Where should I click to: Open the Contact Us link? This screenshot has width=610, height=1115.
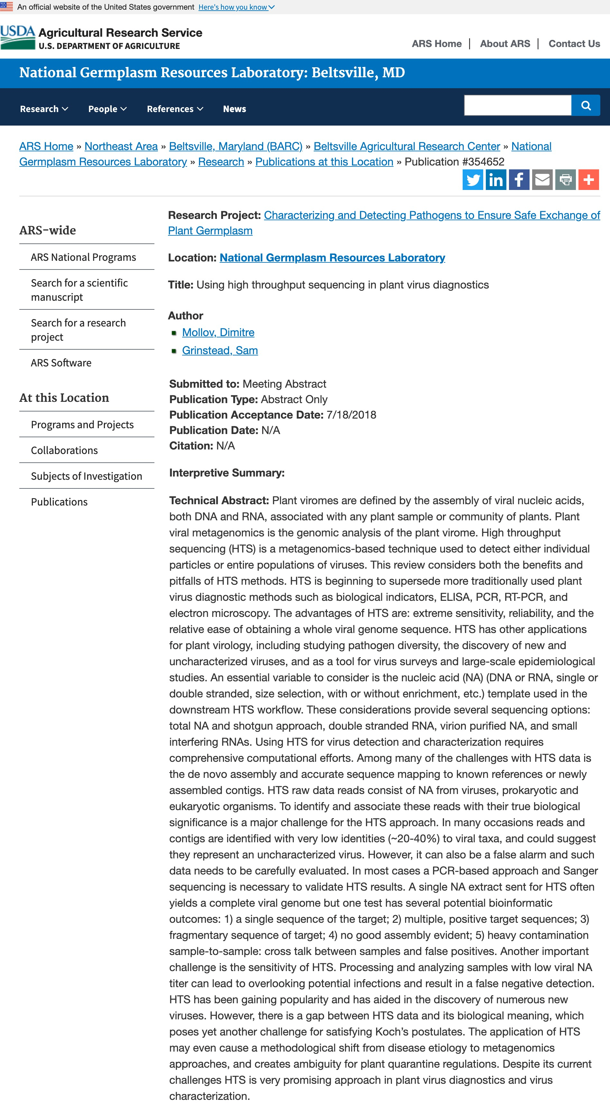click(574, 44)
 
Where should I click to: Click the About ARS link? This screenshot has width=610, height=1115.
click(504, 44)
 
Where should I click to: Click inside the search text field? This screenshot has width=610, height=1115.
click(517, 106)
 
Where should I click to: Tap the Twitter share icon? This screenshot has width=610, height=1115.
click(472, 180)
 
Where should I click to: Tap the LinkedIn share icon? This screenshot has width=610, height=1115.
click(496, 180)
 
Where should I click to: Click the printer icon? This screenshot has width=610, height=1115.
click(565, 180)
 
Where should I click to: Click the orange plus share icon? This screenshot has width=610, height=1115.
click(588, 180)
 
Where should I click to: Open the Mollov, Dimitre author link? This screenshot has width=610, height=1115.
click(218, 332)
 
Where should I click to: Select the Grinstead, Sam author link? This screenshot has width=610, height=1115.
click(220, 351)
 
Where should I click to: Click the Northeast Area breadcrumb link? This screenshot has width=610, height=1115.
click(121, 146)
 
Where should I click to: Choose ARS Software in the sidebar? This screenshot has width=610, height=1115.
click(61, 363)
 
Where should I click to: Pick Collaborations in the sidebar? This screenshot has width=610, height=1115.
click(64, 450)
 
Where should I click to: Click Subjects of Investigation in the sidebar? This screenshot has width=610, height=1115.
click(87, 476)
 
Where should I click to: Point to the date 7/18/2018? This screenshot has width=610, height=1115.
click(351, 415)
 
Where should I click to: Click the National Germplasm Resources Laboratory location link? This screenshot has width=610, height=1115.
click(332, 258)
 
